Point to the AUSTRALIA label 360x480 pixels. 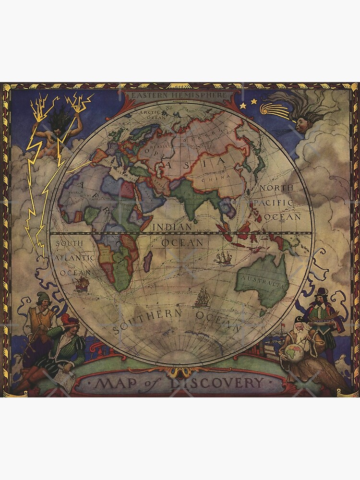[262, 280]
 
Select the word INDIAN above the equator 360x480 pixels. [173, 226]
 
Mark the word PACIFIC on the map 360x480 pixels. [274, 203]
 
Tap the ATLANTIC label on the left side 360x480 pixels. [77, 258]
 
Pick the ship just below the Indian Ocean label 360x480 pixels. [224, 258]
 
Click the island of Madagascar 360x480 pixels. [148, 262]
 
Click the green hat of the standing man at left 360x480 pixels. [43, 296]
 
